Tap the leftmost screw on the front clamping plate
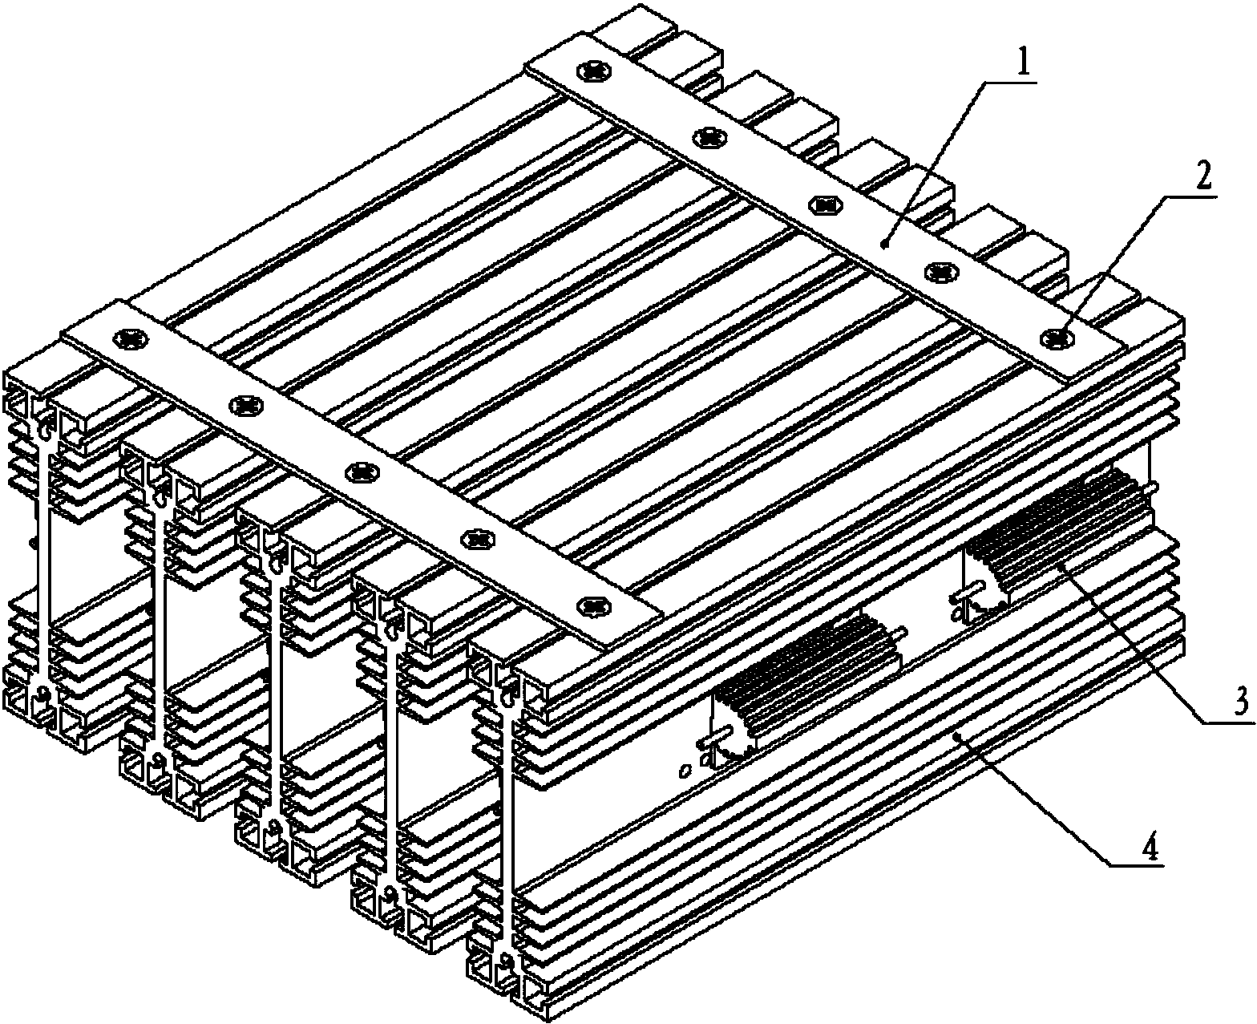132,338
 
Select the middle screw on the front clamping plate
362,472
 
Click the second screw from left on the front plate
246,406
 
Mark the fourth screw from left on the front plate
479,538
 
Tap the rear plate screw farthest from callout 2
595,71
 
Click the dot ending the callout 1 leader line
884,243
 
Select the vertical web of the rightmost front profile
509,820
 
